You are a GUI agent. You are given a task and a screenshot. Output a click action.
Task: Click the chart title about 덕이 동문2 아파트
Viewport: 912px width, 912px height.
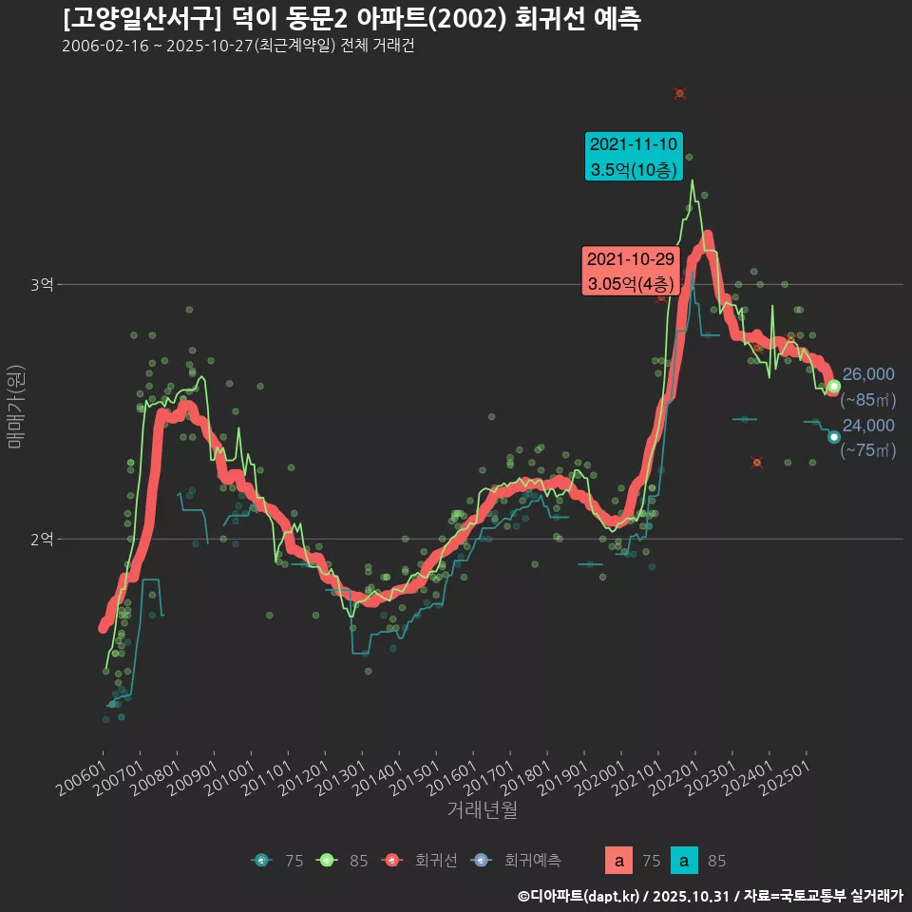[x=351, y=19]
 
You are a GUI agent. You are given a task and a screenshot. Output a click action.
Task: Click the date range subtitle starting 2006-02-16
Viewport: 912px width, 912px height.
[x=237, y=47]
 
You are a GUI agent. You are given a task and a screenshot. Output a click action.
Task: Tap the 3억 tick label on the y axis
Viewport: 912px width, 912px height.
[x=42, y=284]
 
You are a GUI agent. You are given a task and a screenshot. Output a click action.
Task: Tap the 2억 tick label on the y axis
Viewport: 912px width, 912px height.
[x=42, y=539]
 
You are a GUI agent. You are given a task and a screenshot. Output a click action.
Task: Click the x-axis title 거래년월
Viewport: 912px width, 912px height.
[x=483, y=810]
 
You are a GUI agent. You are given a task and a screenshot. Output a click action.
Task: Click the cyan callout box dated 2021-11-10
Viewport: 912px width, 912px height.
[x=633, y=157]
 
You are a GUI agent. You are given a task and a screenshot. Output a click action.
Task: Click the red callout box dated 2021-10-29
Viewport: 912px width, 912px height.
[x=630, y=271]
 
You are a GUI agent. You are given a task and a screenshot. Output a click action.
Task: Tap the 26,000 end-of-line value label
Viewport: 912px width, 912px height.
[x=868, y=374]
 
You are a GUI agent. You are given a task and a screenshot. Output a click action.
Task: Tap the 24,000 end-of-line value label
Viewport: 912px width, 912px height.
[x=868, y=425]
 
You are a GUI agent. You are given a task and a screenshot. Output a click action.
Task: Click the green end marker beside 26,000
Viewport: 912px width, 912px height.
[x=834, y=386]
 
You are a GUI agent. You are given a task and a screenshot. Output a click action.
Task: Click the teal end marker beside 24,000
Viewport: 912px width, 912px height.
[x=834, y=437]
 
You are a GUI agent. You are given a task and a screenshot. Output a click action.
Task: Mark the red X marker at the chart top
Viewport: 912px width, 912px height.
[x=680, y=93]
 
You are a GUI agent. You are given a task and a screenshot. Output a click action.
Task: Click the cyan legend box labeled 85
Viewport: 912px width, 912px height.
[x=684, y=862]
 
